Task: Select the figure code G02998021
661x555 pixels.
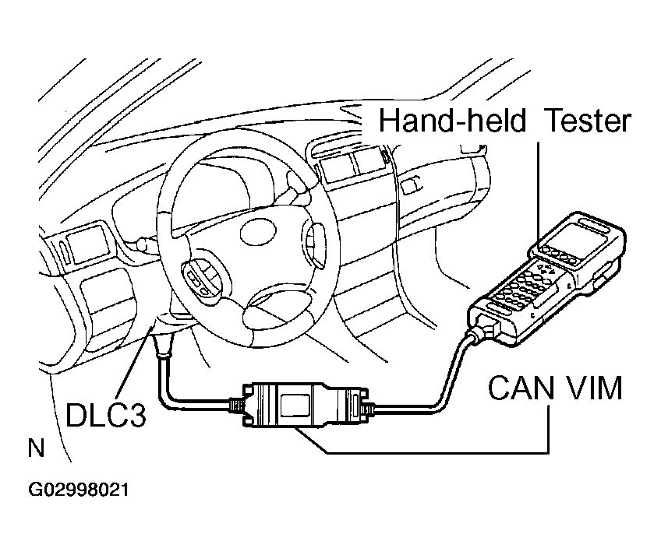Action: [x=78, y=491]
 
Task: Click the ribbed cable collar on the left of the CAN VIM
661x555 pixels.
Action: [x=235, y=406]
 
